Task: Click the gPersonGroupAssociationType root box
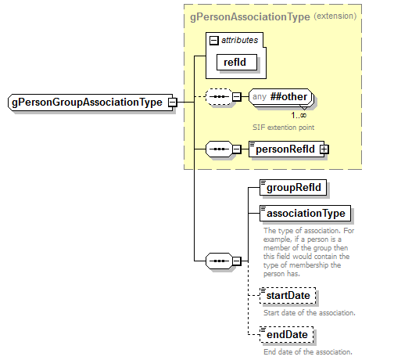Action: click(86, 103)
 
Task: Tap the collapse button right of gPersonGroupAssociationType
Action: click(171, 103)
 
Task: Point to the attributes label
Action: click(241, 38)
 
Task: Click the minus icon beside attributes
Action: click(213, 38)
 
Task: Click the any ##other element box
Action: click(281, 97)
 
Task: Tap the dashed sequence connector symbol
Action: click(217, 97)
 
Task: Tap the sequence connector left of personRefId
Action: click(217, 149)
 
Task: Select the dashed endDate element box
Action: click(285, 336)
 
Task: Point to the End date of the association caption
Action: click(308, 352)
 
